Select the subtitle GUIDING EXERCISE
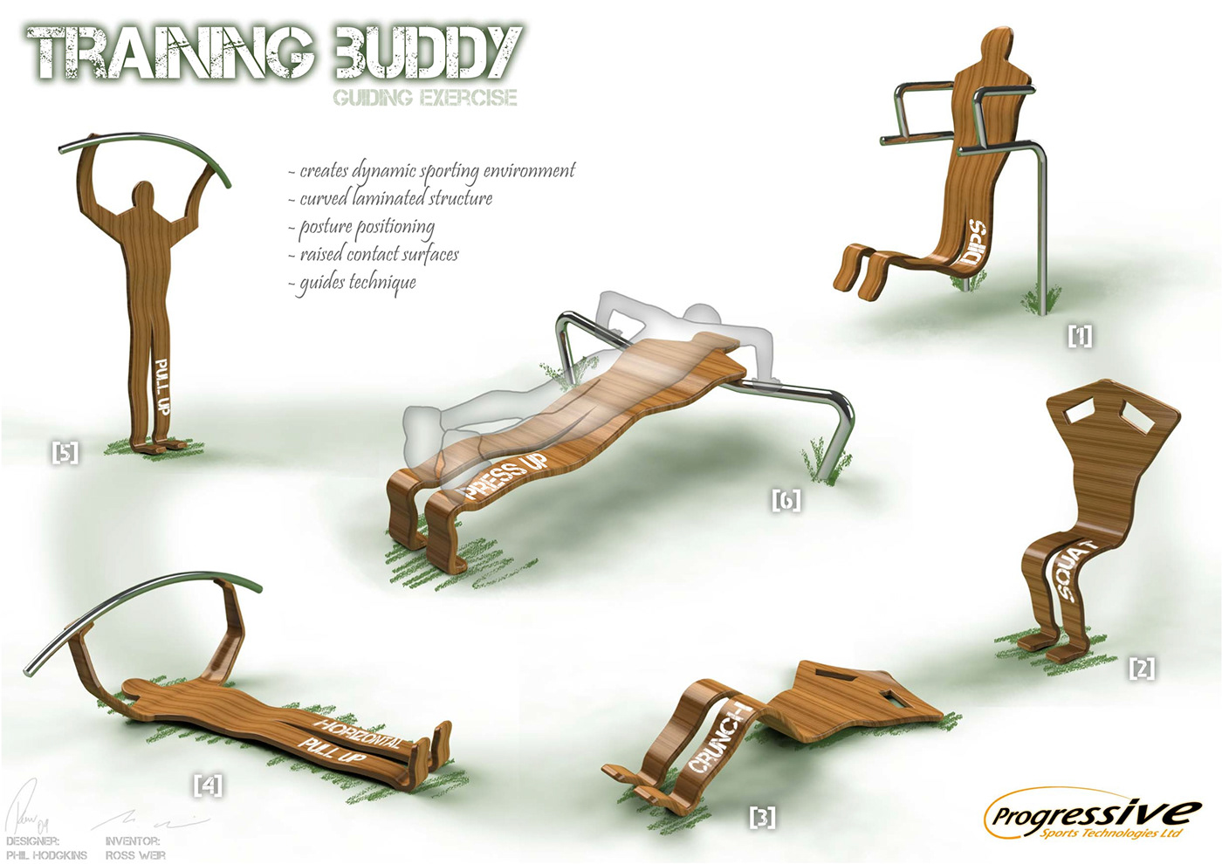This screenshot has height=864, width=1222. coord(425,97)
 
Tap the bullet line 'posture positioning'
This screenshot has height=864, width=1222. coord(367,227)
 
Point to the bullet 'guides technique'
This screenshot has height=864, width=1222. coord(358,283)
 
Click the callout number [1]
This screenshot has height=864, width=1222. coord(1080,336)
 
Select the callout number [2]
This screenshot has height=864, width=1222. coord(1142,669)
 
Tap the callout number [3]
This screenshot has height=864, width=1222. coord(763,818)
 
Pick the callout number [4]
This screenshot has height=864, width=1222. coord(208,785)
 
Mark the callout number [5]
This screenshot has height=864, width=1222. coord(65,453)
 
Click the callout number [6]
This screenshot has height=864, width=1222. coord(786,500)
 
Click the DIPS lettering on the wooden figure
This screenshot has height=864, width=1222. coord(973,243)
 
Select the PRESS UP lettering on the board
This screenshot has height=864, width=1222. coord(506,476)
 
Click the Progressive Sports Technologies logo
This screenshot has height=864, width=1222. coord(1091,816)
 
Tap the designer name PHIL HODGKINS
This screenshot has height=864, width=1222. coord(47,855)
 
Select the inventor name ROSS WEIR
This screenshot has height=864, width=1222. coord(135,855)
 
